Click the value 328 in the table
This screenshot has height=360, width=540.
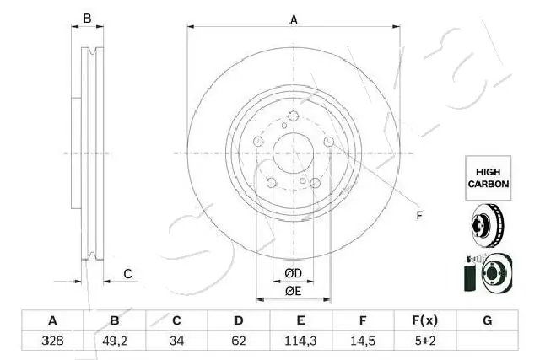point(52,341)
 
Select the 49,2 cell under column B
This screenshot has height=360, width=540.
point(115,341)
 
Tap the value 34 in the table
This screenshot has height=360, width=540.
point(176,341)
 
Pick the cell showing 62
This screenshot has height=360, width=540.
point(239,341)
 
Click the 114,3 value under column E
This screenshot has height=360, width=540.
point(300,341)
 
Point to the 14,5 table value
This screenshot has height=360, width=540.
point(363,341)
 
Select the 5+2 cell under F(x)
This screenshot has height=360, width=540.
point(425,341)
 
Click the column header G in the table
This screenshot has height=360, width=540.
point(488,320)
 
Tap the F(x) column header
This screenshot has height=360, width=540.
point(425,320)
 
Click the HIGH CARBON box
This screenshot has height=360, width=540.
point(489,178)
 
